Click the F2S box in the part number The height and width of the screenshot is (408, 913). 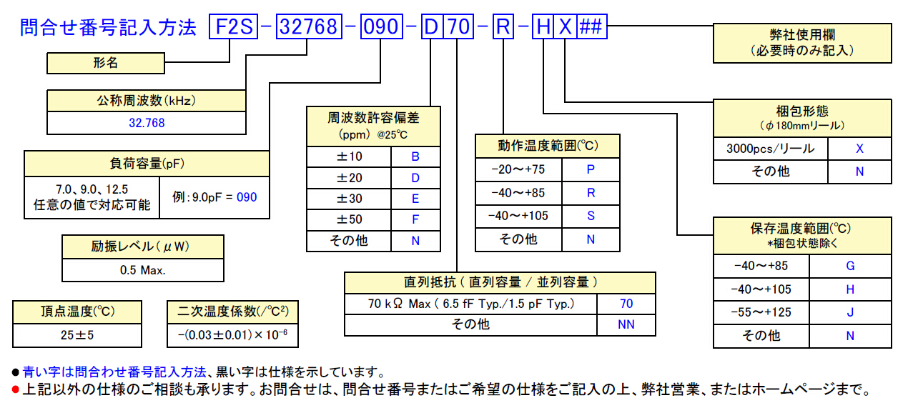point(233,26)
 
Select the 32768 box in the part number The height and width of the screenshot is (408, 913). point(309,26)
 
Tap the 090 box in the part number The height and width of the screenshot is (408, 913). point(382,26)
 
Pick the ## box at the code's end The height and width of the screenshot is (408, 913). point(592,26)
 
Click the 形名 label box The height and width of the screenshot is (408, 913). point(106,63)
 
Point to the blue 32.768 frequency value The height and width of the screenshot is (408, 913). point(147,123)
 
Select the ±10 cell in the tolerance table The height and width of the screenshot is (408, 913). point(349,156)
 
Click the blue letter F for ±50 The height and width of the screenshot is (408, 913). point(415,219)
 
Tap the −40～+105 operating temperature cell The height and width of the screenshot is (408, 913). point(518,216)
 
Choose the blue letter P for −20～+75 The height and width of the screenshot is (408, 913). point(591,169)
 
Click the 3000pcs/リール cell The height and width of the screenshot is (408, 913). point(770,149)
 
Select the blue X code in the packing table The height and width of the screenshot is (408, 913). point(859,149)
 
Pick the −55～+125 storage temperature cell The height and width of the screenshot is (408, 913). point(761,312)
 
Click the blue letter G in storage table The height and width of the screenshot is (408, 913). point(850,266)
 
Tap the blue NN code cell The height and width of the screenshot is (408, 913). point(626,324)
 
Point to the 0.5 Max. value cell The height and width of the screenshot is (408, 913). point(143,270)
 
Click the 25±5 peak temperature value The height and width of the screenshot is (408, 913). point(77,335)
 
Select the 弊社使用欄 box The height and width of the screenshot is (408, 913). point(802,43)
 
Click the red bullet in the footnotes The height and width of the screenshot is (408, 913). point(16,389)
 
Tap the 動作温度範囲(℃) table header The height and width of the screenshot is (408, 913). point(548,146)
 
